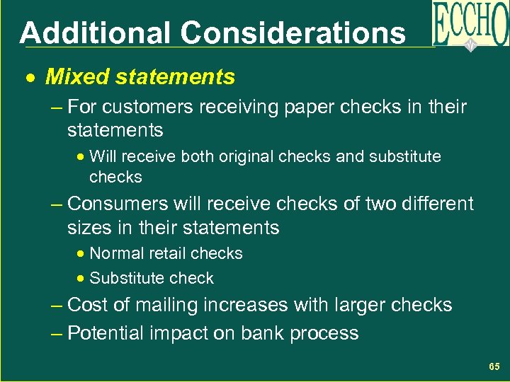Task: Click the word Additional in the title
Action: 94,33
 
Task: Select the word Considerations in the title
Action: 293,33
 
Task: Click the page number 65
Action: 494,366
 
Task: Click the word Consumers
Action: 120,204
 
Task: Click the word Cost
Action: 87,306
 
